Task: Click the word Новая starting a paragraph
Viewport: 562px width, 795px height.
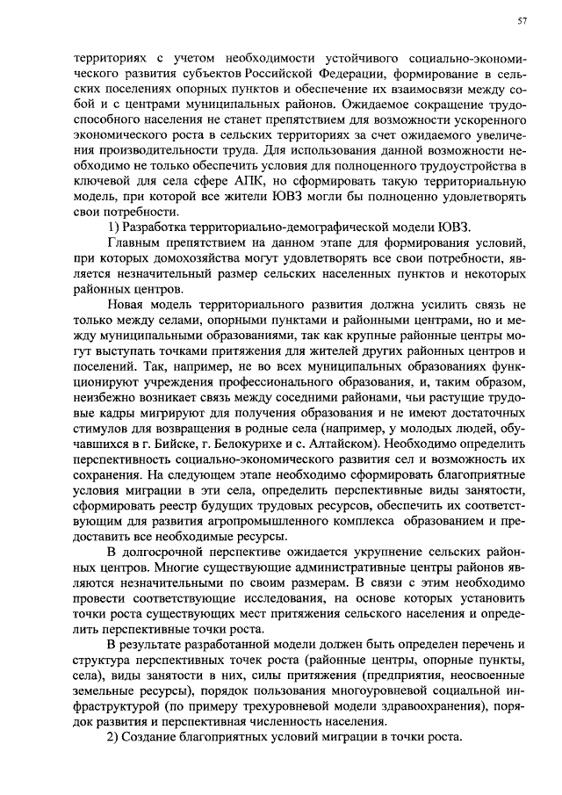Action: [x=129, y=303]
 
